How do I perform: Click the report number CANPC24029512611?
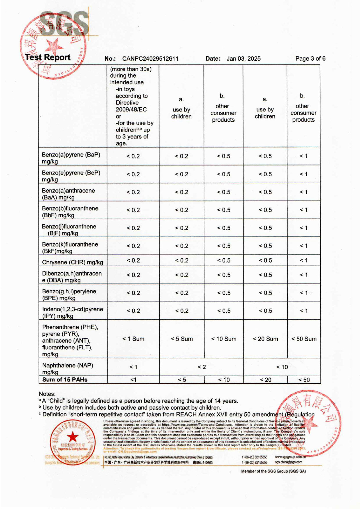coord(150,59)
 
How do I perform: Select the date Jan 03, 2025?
coord(243,59)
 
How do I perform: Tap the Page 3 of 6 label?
coord(310,59)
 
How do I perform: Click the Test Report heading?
coord(48,57)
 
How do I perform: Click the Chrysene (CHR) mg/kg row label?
coord(72,262)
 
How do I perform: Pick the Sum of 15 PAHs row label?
coord(65,379)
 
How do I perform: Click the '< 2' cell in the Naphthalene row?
coord(201,367)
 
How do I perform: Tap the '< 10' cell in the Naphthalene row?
coord(282,367)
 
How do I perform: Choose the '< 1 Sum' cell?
coord(133,339)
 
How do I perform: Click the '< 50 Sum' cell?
coord(304,339)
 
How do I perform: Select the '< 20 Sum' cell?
coord(265,339)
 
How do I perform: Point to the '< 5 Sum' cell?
coord(182,339)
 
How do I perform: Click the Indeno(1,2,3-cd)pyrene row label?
coord(72,312)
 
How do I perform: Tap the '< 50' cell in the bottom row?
coord(304,380)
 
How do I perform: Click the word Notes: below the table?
coord(47,394)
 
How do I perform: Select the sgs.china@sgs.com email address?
coord(288,462)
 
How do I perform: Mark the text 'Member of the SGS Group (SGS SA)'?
coord(273,471)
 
